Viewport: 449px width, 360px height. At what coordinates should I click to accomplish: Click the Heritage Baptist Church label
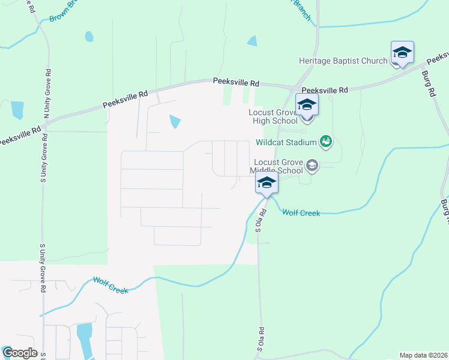point(343,61)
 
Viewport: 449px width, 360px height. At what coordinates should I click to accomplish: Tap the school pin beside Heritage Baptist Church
point(402,53)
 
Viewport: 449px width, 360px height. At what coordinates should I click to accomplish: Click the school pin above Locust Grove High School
point(306,106)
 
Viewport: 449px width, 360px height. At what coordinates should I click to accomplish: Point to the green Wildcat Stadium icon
point(325,142)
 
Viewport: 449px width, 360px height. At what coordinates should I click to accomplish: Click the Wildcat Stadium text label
point(286,143)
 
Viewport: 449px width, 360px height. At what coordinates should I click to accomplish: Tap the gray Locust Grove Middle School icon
point(312,164)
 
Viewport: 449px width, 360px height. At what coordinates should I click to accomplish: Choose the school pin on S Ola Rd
point(267,184)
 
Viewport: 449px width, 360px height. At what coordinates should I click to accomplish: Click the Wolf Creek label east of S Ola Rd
point(301,213)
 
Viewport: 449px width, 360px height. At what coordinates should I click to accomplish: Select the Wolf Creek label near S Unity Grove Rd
point(111,286)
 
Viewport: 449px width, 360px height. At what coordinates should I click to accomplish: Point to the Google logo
point(19,353)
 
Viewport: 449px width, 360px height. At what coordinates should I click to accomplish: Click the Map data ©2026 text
point(423,355)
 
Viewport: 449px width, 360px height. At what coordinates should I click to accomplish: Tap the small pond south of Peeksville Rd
point(175,122)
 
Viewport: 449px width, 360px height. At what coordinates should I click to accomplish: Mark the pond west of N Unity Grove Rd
point(17,110)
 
